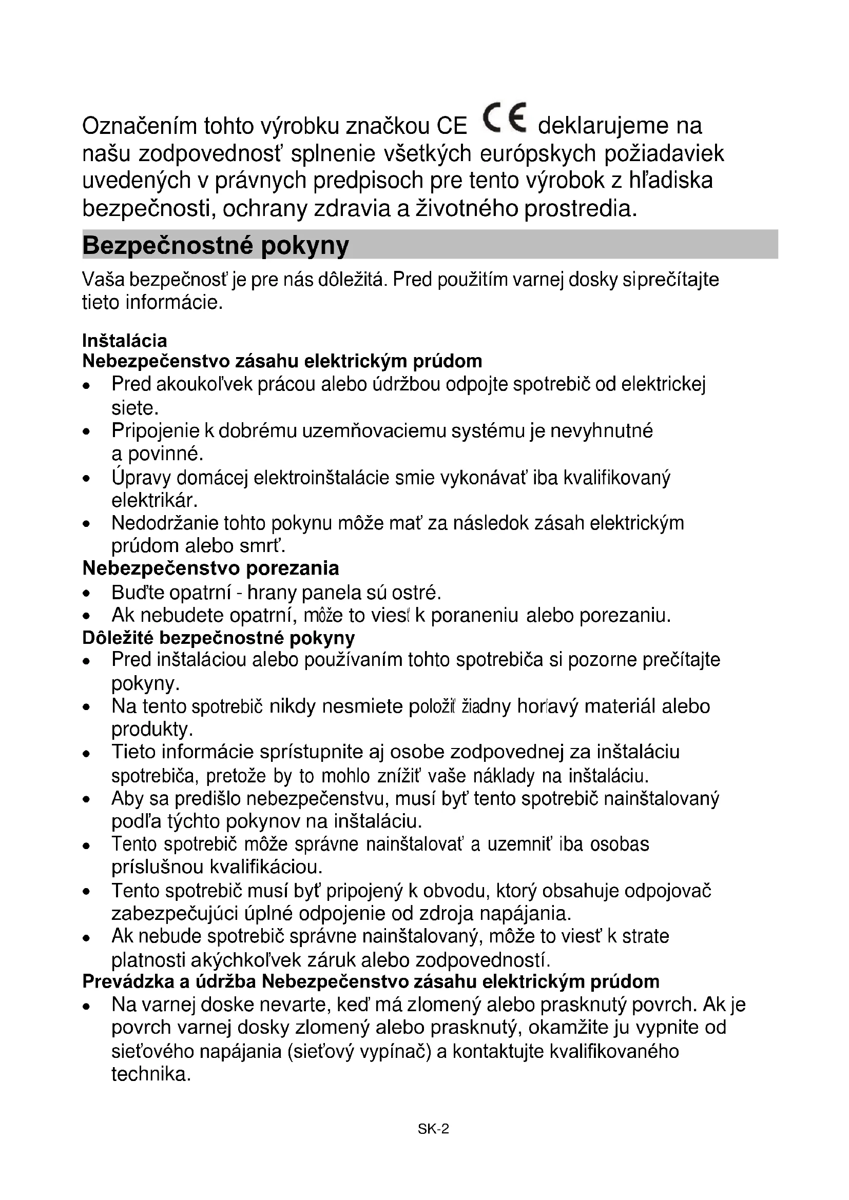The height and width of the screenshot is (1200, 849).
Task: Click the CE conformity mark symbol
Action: click(x=505, y=118)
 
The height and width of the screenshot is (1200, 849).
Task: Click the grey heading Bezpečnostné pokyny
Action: click(x=216, y=245)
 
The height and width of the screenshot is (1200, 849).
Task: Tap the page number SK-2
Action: click(x=433, y=1129)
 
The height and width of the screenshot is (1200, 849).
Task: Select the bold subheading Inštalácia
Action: click(x=124, y=341)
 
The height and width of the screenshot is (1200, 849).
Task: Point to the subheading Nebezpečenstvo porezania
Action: click(x=210, y=568)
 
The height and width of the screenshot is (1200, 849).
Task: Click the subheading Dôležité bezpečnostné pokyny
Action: click(x=219, y=638)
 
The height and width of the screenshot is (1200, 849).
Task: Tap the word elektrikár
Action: click(x=154, y=501)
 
